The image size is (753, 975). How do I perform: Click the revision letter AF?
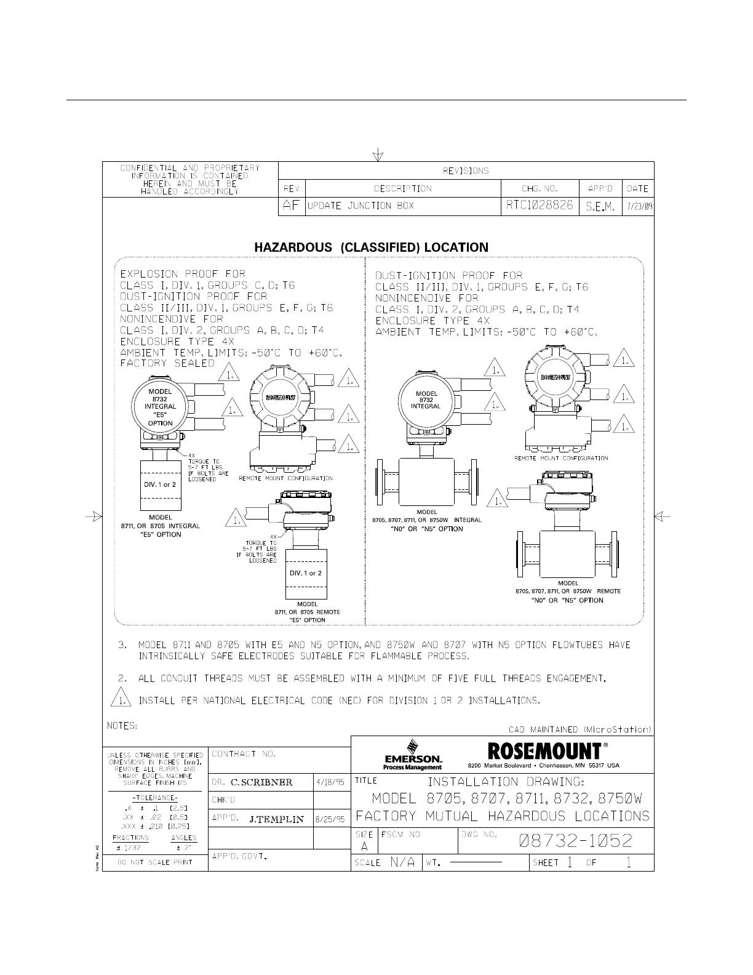[290, 206]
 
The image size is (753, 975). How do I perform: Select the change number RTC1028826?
[540, 206]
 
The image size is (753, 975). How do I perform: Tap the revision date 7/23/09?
[638, 206]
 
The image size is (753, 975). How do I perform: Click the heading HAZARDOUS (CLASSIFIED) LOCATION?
[371, 247]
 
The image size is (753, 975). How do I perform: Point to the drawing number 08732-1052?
[575, 841]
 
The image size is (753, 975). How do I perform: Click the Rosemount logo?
[544, 752]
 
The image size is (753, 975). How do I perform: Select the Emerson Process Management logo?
[412, 755]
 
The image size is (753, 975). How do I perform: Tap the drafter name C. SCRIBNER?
[261, 783]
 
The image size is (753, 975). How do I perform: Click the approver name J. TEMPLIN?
[277, 819]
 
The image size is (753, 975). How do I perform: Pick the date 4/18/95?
[330, 783]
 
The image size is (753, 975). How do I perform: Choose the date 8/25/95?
[330, 819]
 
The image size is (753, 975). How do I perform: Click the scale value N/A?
[402, 862]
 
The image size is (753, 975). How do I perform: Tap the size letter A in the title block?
[364, 847]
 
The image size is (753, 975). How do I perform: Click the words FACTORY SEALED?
[167, 363]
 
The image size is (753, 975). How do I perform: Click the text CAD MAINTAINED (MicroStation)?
[580, 729]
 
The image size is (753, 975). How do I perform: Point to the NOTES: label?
[122, 726]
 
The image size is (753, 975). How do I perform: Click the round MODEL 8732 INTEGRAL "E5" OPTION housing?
[160, 407]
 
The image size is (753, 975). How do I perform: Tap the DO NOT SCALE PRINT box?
[155, 862]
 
